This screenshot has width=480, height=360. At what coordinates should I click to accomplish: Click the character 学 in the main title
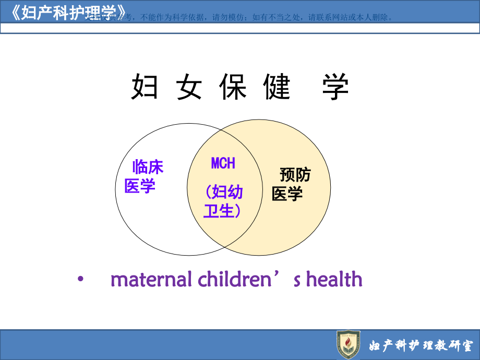334,87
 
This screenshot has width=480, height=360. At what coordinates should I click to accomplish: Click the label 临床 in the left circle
148,167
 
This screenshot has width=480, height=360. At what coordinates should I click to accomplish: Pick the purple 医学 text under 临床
140,186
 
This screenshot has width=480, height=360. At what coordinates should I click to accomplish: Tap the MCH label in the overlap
223,163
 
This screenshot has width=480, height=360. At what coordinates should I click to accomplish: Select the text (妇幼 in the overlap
224,192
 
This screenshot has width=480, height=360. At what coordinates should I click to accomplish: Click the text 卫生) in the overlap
222,211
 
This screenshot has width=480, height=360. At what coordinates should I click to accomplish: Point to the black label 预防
295,174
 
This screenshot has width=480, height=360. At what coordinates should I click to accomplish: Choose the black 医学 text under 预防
287,194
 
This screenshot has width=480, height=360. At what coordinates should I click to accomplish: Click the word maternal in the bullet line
151,280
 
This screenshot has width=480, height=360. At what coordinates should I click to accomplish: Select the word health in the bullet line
334,280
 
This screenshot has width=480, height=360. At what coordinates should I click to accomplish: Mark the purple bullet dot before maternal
80,280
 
